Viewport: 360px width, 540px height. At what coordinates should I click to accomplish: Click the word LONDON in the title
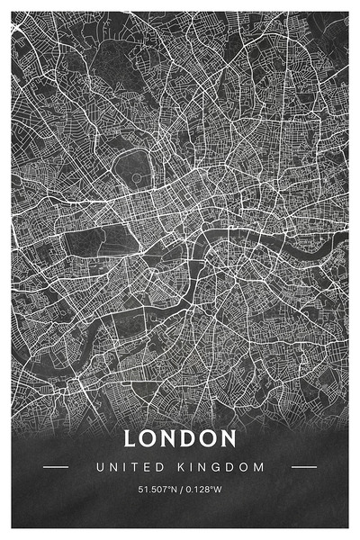coord(180,439)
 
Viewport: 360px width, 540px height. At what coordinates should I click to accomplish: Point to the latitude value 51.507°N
coord(157,490)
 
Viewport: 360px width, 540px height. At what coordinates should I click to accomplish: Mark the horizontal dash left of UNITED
coord(56,467)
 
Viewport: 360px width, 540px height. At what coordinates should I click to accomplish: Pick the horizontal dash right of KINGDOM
coord(304,467)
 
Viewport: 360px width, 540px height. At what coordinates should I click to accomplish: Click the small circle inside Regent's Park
coord(137,177)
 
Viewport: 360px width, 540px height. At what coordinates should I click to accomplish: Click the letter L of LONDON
coord(130,439)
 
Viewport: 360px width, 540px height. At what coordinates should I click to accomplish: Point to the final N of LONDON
coord(229,439)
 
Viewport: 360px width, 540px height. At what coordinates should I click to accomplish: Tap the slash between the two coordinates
coord(180,490)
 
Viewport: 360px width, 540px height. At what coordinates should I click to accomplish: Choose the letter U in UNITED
coord(99,467)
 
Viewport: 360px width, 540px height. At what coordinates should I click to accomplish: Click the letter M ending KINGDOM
coord(261,467)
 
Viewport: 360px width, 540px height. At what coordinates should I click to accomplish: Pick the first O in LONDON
coord(150,439)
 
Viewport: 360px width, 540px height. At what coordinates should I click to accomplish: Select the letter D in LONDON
coord(191,439)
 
